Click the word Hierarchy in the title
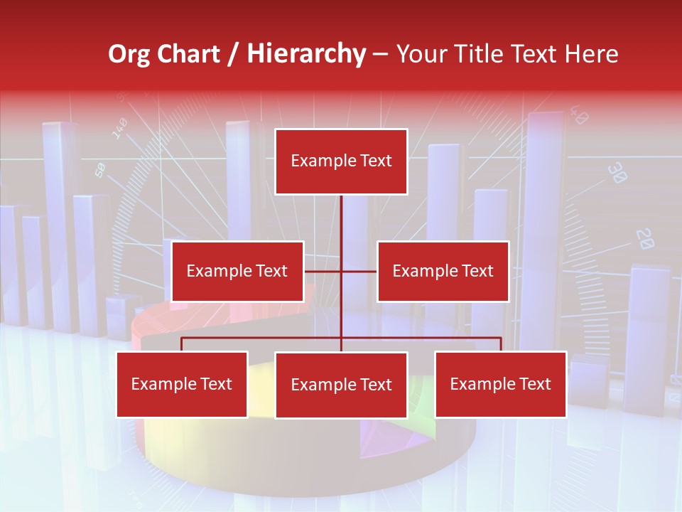pyautogui.click(x=306, y=54)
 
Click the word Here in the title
pyautogui.click(x=591, y=54)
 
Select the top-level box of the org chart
pyautogui.click(x=341, y=161)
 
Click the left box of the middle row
pyautogui.click(x=237, y=271)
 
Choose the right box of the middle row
pyautogui.click(x=443, y=271)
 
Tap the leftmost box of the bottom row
pyautogui.click(x=182, y=385)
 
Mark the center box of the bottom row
pyautogui.click(x=341, y=385)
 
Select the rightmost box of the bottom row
pyautogui.click(x=500, y=385)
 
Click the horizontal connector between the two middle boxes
pyautogui.click(x=323, y=271)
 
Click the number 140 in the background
pyautogui.click(x=119, y=128)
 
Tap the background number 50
pyautogui.click(x=100, y=170)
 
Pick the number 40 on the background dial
pyautogui.click(x=578, y=115)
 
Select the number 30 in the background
pyautogui.click(x=618, y=173)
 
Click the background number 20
pyautogui.click(x=644, y=238)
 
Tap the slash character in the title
pyautogui.click(x=232, y=55)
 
